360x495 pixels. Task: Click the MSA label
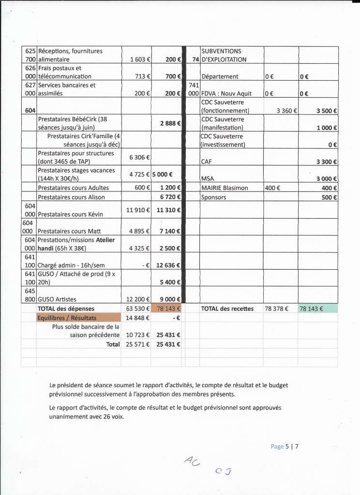coord(208,178)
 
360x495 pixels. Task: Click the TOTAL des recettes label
coord(227,308)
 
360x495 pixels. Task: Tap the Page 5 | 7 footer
coord(285,447)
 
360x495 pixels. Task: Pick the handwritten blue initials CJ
coord(223,471)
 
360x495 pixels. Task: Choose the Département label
coord(220,76)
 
